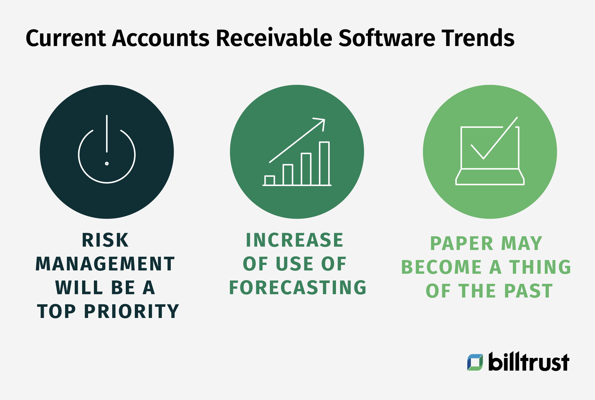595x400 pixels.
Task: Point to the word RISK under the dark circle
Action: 105,240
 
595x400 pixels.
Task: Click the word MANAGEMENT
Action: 105,264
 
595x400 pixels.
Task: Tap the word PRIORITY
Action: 132,311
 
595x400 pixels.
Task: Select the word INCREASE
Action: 294,240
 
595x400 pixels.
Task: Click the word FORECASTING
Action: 297,288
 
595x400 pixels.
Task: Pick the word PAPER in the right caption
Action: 461,244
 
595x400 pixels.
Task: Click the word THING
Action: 540,267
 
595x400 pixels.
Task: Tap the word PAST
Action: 528,291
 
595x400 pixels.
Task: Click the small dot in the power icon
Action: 107,163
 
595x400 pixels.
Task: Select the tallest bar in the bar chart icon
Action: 324,163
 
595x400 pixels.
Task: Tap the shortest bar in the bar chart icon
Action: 270,180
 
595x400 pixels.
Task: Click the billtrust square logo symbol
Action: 475,362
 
